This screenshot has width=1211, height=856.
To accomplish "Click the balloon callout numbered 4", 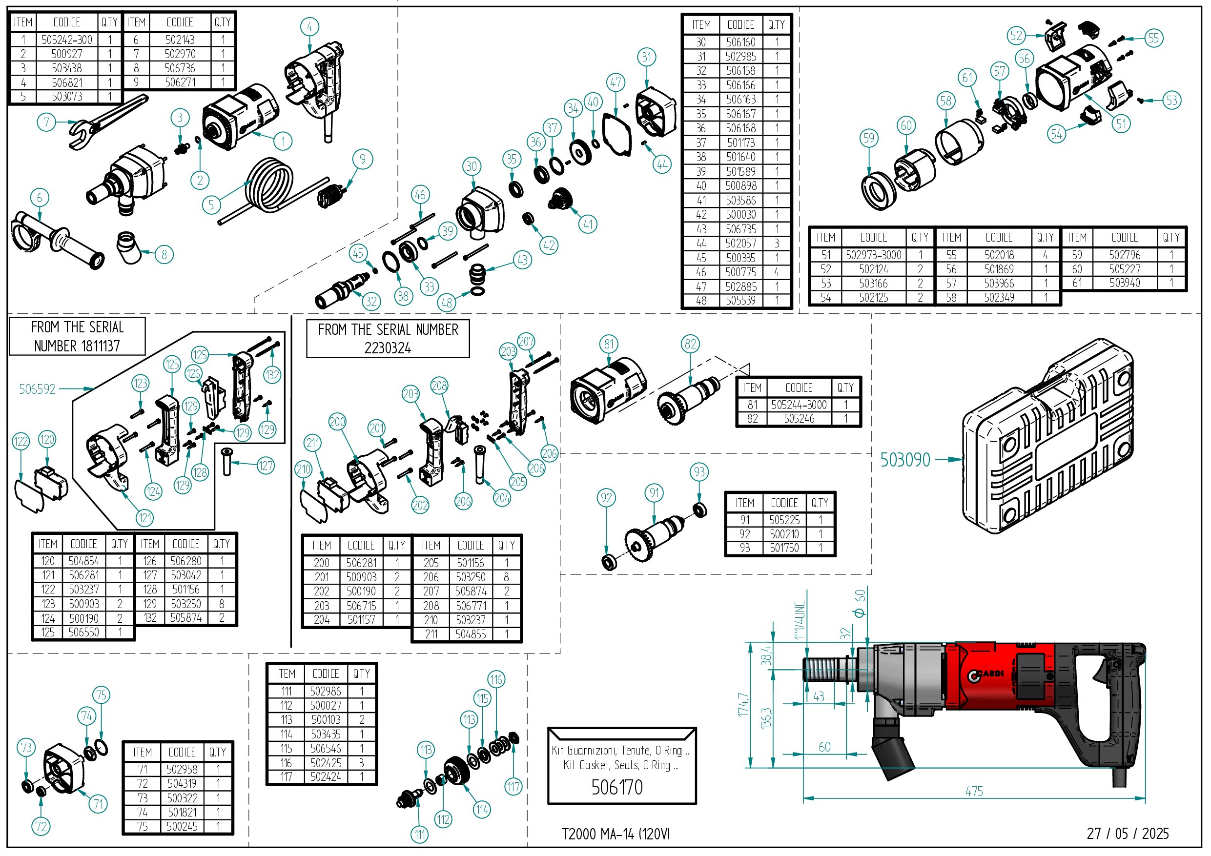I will pyautogui.click(x=309, y=27).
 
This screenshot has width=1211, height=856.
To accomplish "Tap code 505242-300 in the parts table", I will pyautogui.click(x=67, y=40).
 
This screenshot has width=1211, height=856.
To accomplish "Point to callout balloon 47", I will pyautogui.click(x=616, y=82).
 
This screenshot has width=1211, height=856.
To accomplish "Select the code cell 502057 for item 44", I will pyautogui.click(x=740, y=244).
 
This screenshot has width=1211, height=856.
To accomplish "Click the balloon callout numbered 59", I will pyautogui.click(x=869, y=139).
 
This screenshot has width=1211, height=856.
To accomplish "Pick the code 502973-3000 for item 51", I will pyautogui.click(x=873, y=255).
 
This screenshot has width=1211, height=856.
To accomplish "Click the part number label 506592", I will pyautogui.click(x=37, y=389).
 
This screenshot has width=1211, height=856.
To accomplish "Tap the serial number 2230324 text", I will pyautogui.click(x=388, y=348).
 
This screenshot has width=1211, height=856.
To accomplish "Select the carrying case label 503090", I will pyautogui.click(x=905, y=460).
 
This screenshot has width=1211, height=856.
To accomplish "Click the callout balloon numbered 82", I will pyautogui.click(x=690, y=345).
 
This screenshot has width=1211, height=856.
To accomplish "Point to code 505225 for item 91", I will pyautogui.click(x=784, y=520).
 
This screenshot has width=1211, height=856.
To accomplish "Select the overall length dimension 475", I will pyautogui.click(x=974, y=791).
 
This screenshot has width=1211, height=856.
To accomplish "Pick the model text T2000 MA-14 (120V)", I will pyautogui.click(x=616, y=835).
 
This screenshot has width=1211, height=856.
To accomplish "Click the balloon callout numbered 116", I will pyautogui.click(x=496, y=679).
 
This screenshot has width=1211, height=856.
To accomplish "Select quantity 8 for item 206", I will pyautogui.click(x=506, y=577).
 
